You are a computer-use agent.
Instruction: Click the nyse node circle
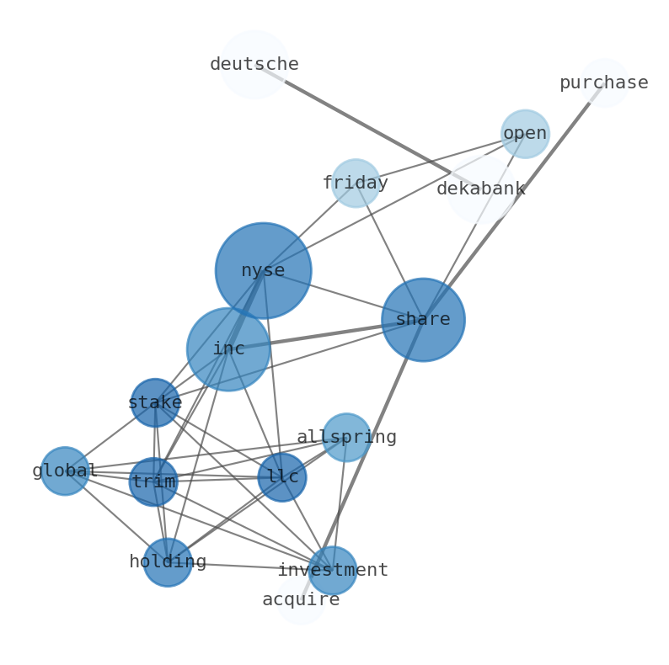click(x=263, y=270)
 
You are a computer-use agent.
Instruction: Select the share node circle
click(x=423, y=320)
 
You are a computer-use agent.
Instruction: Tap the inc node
click(x=228, y=349)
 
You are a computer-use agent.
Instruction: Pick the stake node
click(x=155, y=402)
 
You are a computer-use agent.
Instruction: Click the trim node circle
click(x=153, y=481)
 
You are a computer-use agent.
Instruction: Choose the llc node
click(x=282, y=477)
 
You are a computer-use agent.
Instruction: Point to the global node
click(x=65, y=471)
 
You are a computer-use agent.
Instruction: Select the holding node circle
click(x=168, y=562)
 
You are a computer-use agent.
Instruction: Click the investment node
click(x=332, y=570)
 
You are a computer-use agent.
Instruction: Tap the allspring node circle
click(x=346, y=438)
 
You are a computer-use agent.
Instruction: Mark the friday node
click(x=356, y=183)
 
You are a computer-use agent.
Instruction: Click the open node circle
click(x=525, y=134)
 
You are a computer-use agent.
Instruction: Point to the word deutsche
click(x=254, y=64)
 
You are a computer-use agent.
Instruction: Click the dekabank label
click(x=481, y=189)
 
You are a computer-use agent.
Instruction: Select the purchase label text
click(x=604, y=82)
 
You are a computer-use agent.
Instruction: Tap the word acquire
click(x=301, y=600)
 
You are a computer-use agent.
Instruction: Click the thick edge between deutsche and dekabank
click(x=367, y=126)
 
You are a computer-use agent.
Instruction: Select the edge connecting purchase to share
click(x=514, y=201)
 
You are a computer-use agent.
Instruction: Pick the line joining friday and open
click(x=441, y=158)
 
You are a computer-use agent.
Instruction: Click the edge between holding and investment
click(x=250, y=567)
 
